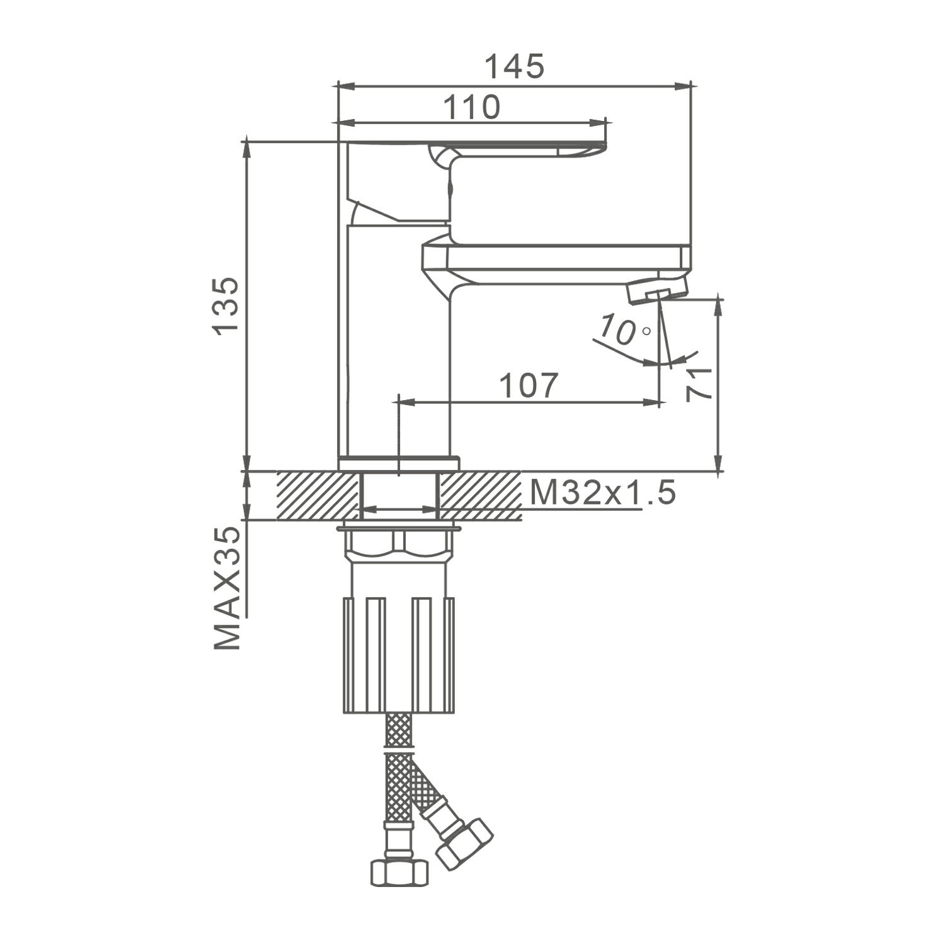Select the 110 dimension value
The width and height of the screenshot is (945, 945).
coord(472,108)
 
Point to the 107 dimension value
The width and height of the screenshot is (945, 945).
coord(529,386)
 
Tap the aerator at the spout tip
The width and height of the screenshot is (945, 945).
coord(657,292)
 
